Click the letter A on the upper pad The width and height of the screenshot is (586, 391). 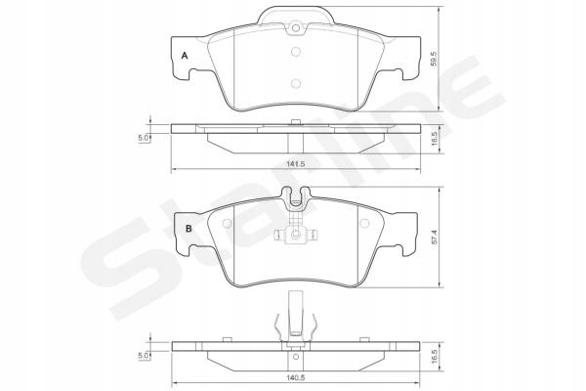click(185, 56)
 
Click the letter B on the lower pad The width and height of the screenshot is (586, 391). click(188, 228)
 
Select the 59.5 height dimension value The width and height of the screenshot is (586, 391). click(435, 59)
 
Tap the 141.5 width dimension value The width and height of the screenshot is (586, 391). click(296, 164)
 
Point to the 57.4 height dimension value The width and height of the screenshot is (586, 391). click(435, 238)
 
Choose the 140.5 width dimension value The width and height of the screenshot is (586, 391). click(296, 378)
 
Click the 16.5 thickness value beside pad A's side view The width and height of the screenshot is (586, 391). click(435, 138)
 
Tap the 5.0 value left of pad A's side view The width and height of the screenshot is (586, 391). click(144, 138)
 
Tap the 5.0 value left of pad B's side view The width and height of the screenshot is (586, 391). click(144, 356)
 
